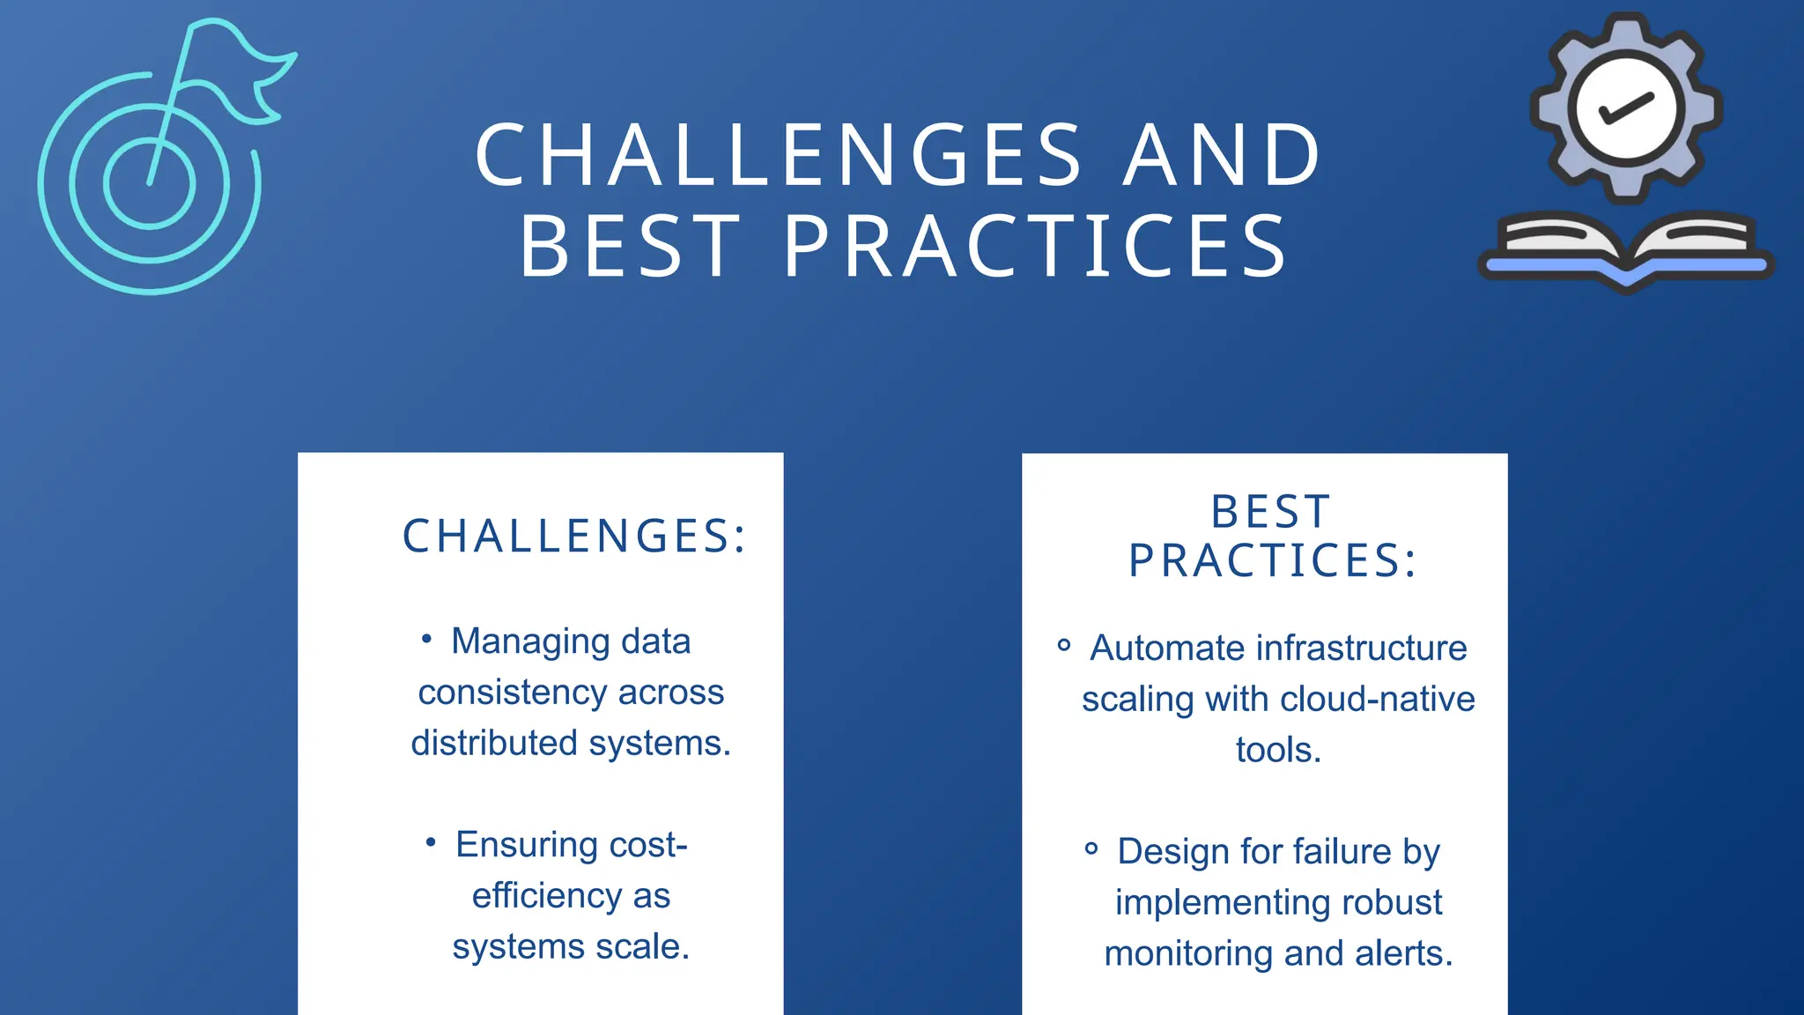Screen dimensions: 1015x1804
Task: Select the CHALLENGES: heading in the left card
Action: click(574, 536)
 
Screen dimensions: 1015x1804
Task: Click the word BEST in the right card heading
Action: click(1270, 512)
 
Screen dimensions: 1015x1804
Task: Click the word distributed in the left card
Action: click(494, 743)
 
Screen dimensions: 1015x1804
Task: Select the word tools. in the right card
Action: click(1278, 750)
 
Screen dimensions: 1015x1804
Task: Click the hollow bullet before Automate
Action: click(1064, 645)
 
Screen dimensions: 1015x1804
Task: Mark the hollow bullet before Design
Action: click(1091, 848)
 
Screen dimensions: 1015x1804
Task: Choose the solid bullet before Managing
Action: click(426, 638)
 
